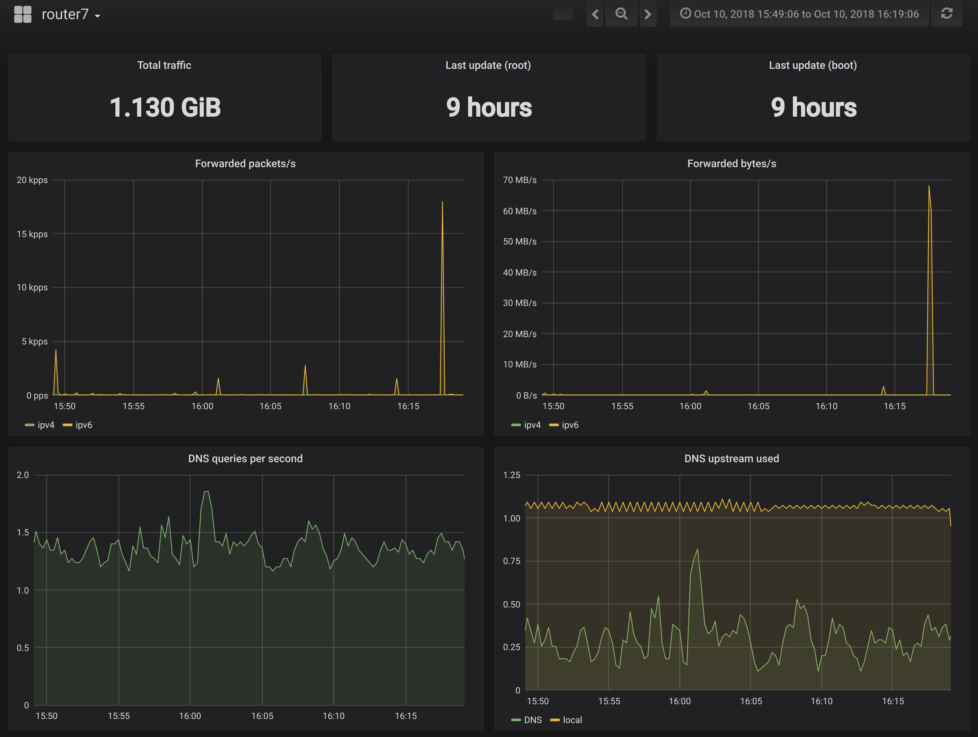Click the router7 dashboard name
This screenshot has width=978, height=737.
pyautogui.click(x=65, y=14)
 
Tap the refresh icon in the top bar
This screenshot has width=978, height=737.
pyautogui.click(x=947, y=14)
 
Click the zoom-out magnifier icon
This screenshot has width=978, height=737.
pyautogui.click(x=621, y=14)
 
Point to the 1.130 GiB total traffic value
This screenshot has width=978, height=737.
pyautogui.click(x=165, y=107)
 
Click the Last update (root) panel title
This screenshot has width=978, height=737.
pyautogui.click(x=488, y=65)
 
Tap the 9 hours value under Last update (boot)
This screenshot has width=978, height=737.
pyautogui.click(x=813, y=107)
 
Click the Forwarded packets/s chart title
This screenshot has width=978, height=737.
pyautogui.click(x=245, y=163)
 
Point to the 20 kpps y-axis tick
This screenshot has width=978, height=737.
pyautogui.click(x=32, y=180)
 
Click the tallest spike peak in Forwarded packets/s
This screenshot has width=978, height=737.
pyautogui.click(x=442, y=202)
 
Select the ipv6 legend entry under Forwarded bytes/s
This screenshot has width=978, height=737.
pyautogui.click(x=564, y=425)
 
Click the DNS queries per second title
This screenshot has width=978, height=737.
pyautogui.click(x=245, y=459)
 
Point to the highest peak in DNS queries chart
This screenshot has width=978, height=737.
pyautogui.click(x=206, y=491)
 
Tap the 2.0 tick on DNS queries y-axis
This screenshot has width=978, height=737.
pyautogui.click(x=22, y=475)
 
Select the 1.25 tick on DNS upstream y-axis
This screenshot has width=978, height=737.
pyautogui.click(x=512, y=475)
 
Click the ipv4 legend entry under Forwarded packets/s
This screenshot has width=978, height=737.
pyautogui.click(x=40, y=425)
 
